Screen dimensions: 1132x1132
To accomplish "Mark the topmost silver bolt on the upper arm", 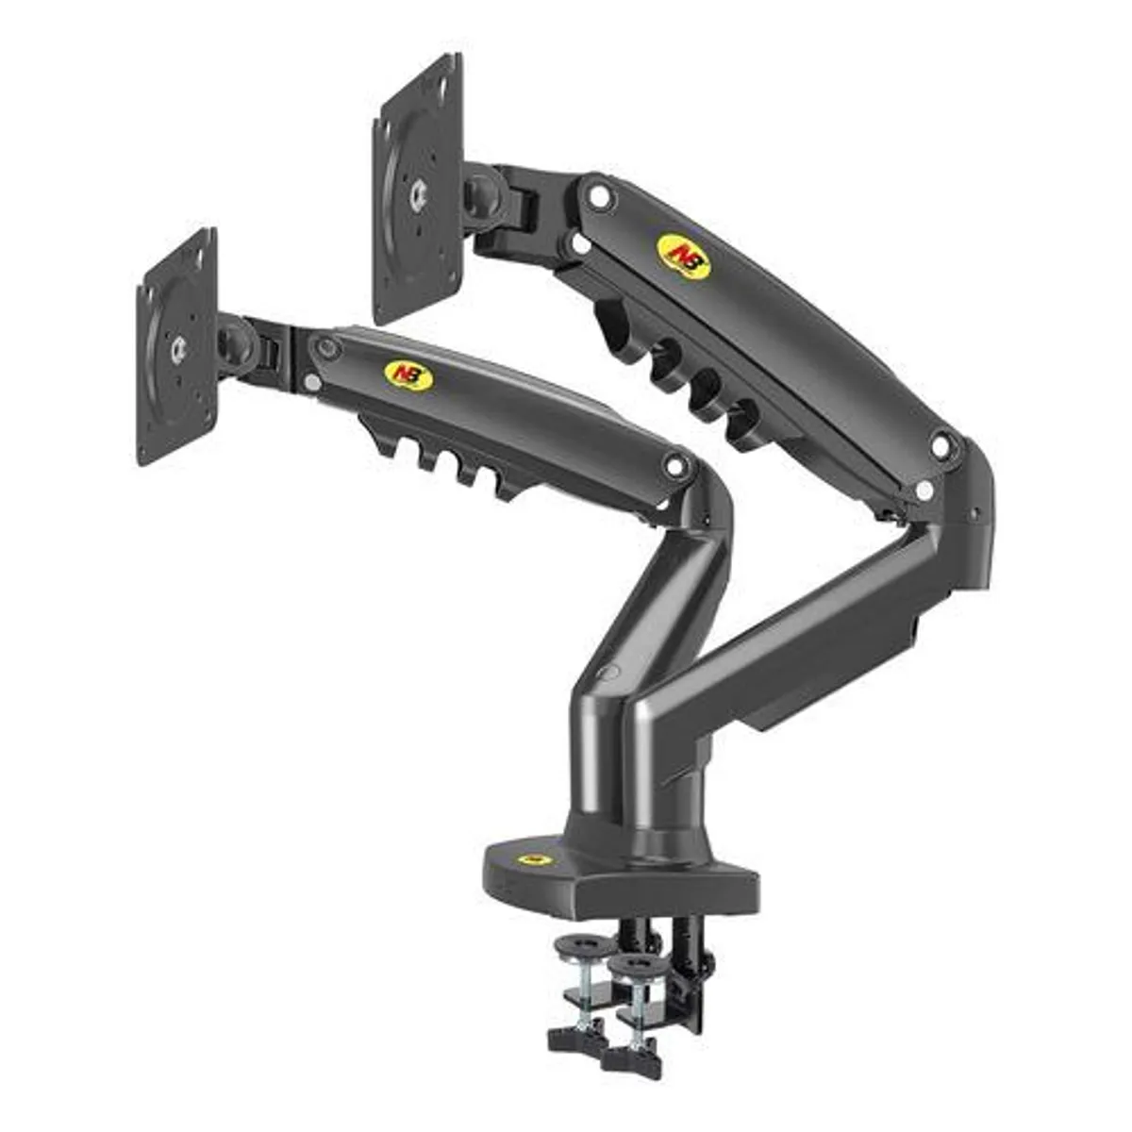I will (595, 195).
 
